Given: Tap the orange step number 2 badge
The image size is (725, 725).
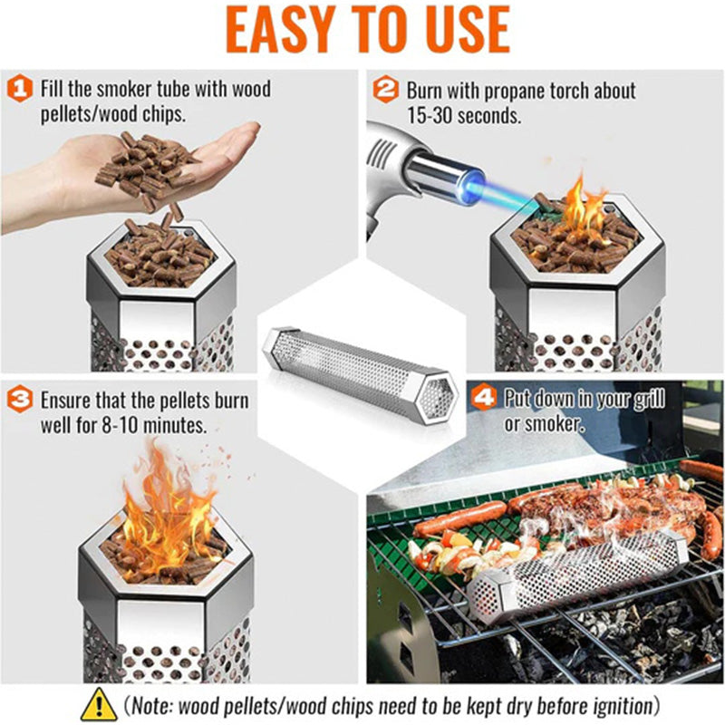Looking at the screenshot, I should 386,90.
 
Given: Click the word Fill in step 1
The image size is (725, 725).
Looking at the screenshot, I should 51,90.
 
